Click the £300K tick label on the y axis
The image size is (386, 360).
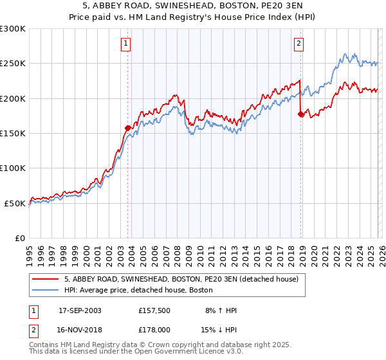point(12,29)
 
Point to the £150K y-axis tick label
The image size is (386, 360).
point(12,134)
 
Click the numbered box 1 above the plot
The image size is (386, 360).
point(125,44)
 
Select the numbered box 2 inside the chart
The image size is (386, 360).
point(299,44)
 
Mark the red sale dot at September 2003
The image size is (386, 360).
point(127,128)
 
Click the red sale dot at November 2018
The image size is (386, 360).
point(300,114)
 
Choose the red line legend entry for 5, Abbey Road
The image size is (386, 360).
point(181,280)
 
